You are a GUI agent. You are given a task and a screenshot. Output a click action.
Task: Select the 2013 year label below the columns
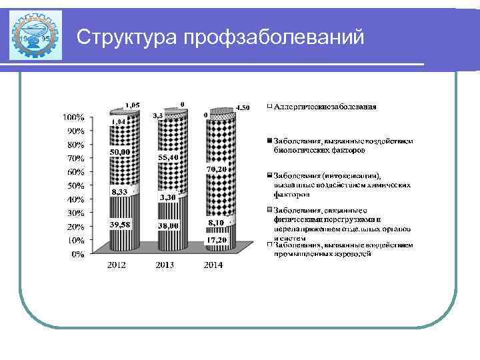[166, 265]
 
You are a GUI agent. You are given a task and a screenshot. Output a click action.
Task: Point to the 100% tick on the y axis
[73, 117]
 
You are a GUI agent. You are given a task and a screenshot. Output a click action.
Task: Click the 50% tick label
[75, 185]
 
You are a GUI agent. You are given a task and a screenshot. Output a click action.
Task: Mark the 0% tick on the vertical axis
[78, 254]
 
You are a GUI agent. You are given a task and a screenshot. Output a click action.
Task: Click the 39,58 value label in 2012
[120, 225]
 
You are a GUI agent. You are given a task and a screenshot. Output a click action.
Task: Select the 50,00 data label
[120, 152]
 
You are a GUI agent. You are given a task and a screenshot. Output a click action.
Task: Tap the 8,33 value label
[120, 191]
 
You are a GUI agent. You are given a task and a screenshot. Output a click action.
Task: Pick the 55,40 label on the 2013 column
[168, 157]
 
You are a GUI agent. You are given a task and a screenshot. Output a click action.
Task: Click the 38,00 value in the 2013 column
[168, 226]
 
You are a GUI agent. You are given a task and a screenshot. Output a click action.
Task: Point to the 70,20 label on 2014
[217, 170]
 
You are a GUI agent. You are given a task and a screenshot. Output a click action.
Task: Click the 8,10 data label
[215, 222]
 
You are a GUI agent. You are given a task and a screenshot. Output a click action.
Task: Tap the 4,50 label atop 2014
[243, 107]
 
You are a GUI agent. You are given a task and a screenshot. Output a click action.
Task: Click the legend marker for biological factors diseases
[269, 141]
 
